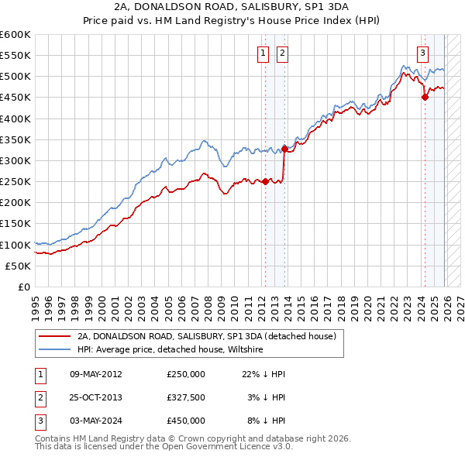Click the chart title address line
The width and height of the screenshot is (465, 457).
tap(232, 6)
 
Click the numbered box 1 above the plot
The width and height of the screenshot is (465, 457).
tap(263, 53)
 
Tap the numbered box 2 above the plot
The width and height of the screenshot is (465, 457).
tap(281, 53)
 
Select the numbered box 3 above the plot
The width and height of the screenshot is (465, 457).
tap(423, 53)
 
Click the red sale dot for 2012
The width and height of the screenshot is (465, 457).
tap(265, 182)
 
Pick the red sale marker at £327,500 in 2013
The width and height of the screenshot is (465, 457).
tap(284, 149)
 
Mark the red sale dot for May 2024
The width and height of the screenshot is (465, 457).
tap(425, 97)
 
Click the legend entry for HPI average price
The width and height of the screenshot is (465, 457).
tap(170, 350)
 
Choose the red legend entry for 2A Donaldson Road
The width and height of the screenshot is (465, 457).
tap(206, 337)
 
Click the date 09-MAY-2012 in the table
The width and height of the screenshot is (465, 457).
tap(95, 374)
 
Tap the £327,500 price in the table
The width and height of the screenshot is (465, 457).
tap(186, 397)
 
